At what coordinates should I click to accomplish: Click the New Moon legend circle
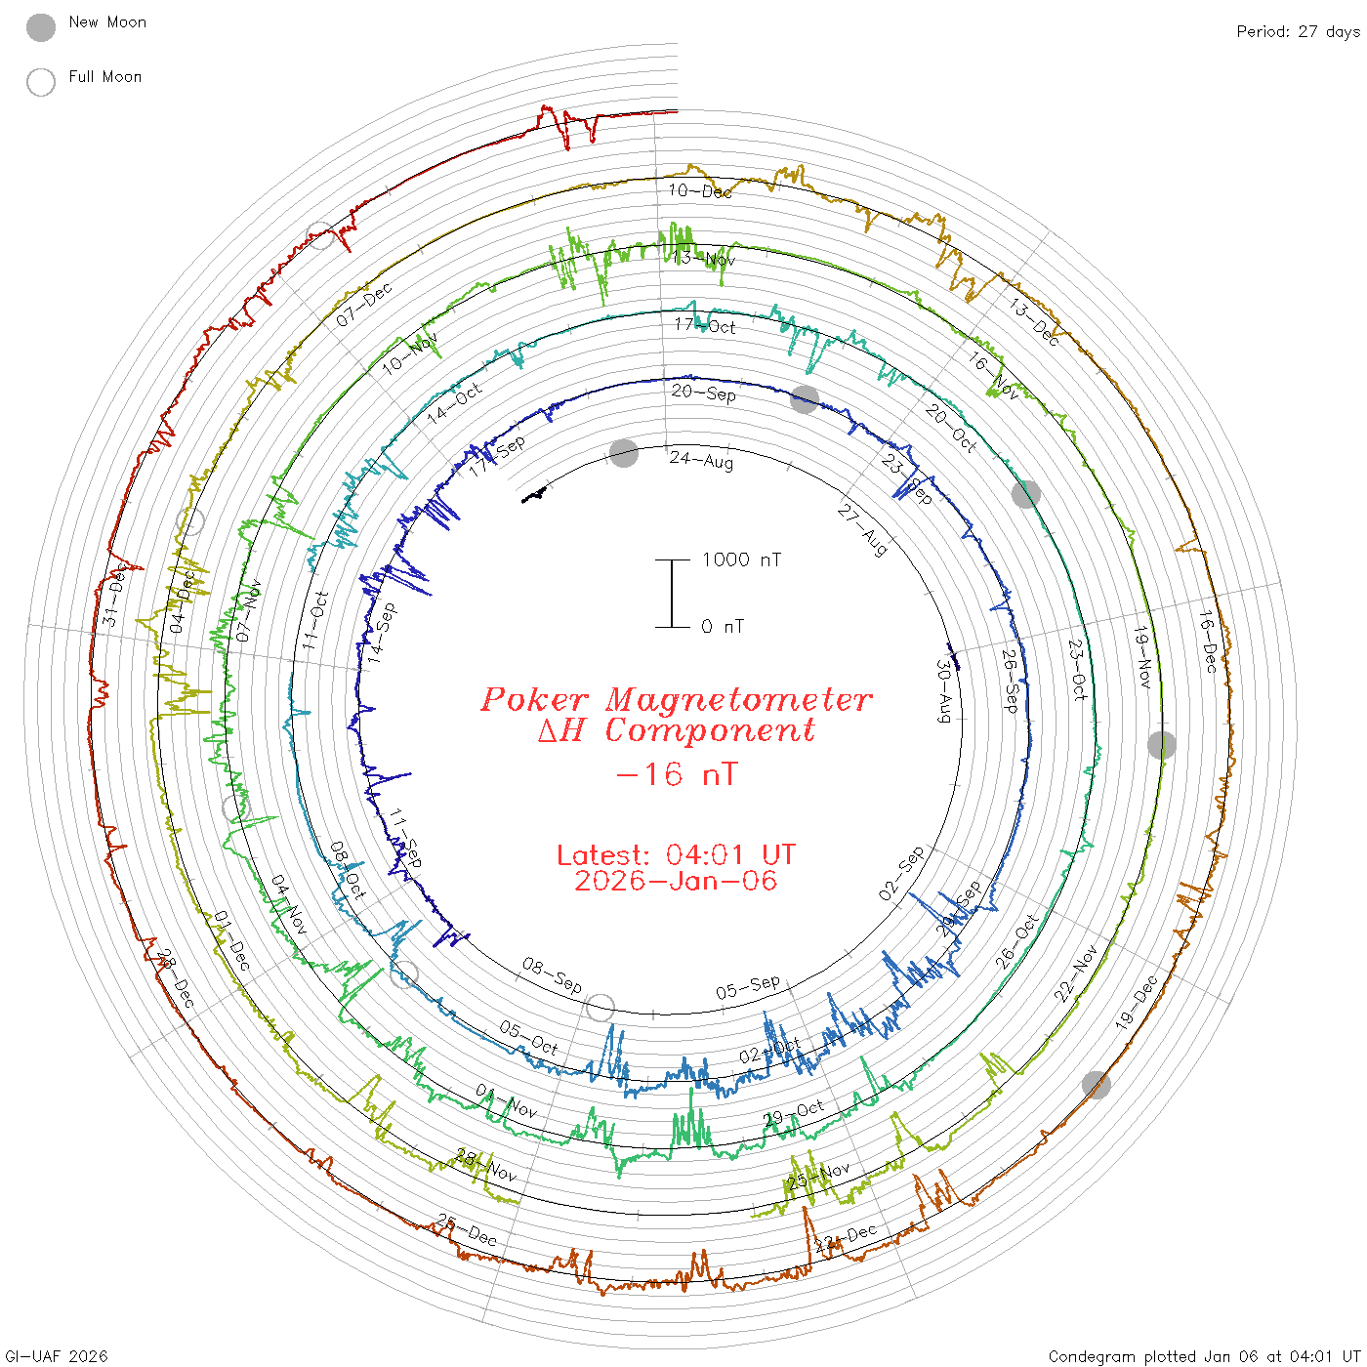pyautogui.click(x=41, y=27)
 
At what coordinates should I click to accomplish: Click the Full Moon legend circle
pyautogui.click(x=41, y=82)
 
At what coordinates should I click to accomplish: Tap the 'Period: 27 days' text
pyautogui.click(x=1298, y=31)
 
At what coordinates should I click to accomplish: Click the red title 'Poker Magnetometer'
pyautogui.click(x=676, y=699)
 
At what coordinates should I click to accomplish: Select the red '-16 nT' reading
pyautogui.click(x=676, y=774)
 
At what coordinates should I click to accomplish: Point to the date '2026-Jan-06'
pyautogui.click(x=676, y=881)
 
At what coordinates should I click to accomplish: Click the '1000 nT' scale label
pyautogui.click(x=741, y=559)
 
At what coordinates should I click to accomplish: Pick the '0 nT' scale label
pyautogui.click(x=722, y=627)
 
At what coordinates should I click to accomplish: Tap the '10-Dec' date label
pyautogui.click(x=700, y=190)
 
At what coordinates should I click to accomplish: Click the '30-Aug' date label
pyautogui.click(x=944, y=691)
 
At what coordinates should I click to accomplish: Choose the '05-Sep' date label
pyautogui.click(x=748, y=987)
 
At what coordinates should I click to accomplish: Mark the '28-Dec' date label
pyautogui.click(x=176, y=978)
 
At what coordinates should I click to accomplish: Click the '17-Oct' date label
pyautogui.click(x=705, y=325)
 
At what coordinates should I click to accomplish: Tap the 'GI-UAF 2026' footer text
pyautogui.click(x=56, y=1356)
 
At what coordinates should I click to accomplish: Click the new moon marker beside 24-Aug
pyautogui.click(x=624, y=453)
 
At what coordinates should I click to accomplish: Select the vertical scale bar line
pyautogui.click(x=672, y=594)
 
